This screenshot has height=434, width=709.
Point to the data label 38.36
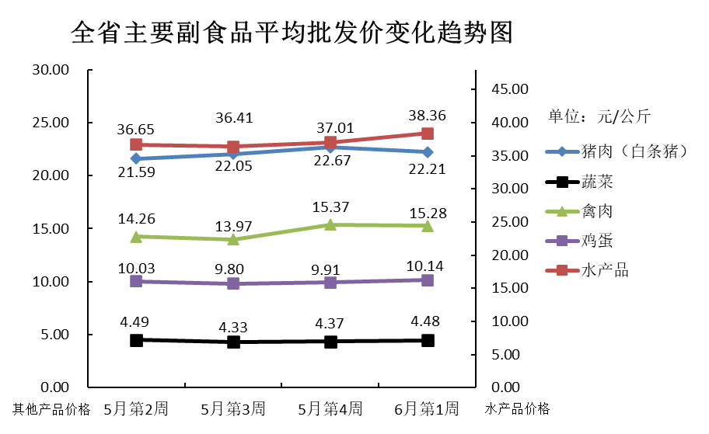pyautogui.click(x=428, y=116)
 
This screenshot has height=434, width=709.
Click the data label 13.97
pyautogui.click(x=233, y=224)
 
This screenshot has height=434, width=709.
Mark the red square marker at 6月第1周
pyautogui.click(x=428, y=134)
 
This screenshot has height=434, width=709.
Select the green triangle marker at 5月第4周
pyautogui.click(x=330, y=225)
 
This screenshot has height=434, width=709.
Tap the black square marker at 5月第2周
pyautogui.click(x=136, y=340)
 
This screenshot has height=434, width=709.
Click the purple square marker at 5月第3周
pyautogui.click(x=233, y=284)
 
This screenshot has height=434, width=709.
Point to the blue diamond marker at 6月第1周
pyautogui.click(x=428, y=152)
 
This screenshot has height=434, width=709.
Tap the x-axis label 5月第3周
pyautogui.click(x=233, y=408)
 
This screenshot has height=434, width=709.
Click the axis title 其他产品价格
pyautogui.click(x=51, y=409)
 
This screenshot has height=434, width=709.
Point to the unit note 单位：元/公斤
pyautogui.click(x=599, y=117)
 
